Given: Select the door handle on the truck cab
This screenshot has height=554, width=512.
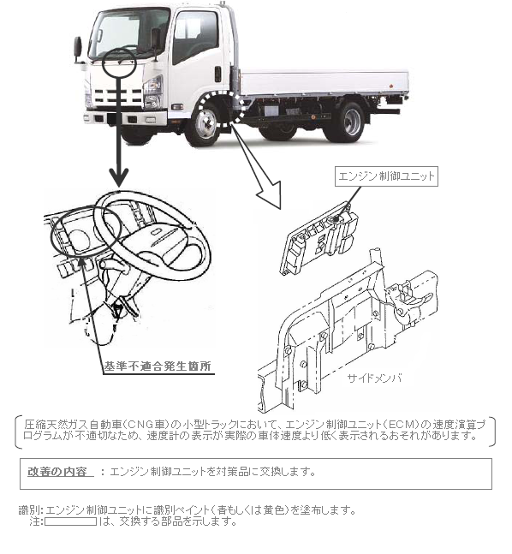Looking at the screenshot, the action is pyautogui.click(x=218, y=74).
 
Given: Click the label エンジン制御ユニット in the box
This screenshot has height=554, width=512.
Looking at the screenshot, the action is pyautogui.click(x=386, y=176).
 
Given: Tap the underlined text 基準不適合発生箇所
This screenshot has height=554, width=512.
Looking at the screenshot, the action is pyautogui.click(x=158, y=366).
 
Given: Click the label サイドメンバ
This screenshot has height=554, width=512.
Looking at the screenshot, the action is pyautogui.click(x=374, y=378).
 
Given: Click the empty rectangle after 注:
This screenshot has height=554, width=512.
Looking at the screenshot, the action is pyautogui.click(x=70, y=521).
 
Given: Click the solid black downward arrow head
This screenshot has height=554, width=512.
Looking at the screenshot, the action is pyautogui.click(x=119, y=176).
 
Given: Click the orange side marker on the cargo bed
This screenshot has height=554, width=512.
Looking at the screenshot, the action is pyautogui.click(x=390, y=86).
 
